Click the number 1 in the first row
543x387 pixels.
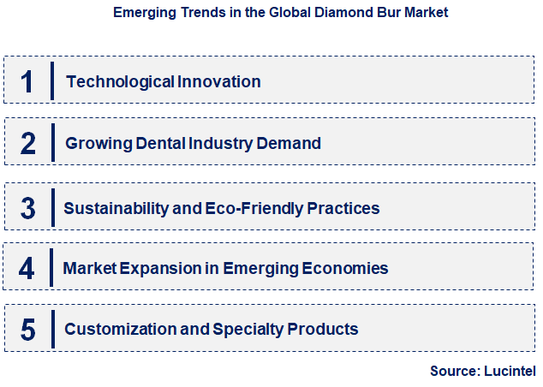(x=27, y=81)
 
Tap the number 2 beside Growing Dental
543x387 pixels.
(x=27, y=143)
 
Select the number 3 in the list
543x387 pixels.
(x=27, y=208)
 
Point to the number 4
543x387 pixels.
(x=27, y=268)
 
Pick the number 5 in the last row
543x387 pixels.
(x=27, y=329)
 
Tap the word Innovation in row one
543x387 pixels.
(x=219, y=82)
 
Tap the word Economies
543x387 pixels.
(x=345, y=268)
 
